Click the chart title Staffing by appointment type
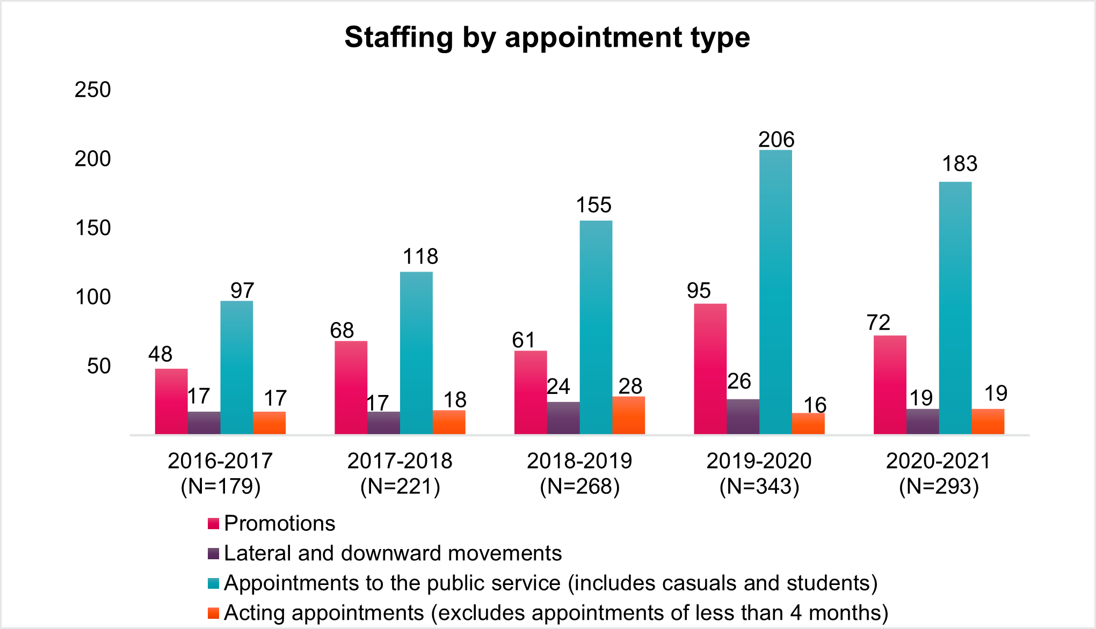(x=547, y=38)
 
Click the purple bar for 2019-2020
(x=743, y=416)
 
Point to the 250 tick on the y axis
(x=93, y=90)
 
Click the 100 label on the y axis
(x=93, y=297)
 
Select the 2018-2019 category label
(x=579, y=461)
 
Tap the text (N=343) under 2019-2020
(x=759, y=487)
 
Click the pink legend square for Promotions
(x=213, y=524)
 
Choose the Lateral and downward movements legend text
(x=393, y=553)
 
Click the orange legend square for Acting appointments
(x=213, y=613)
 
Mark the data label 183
(x=960, y=164)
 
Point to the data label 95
(x=699, y=291)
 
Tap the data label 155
(x=593, y=205)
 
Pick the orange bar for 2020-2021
(x=988, y=421)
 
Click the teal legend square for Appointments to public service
(x=213, y=583)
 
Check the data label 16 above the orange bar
(x=815, y=405)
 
